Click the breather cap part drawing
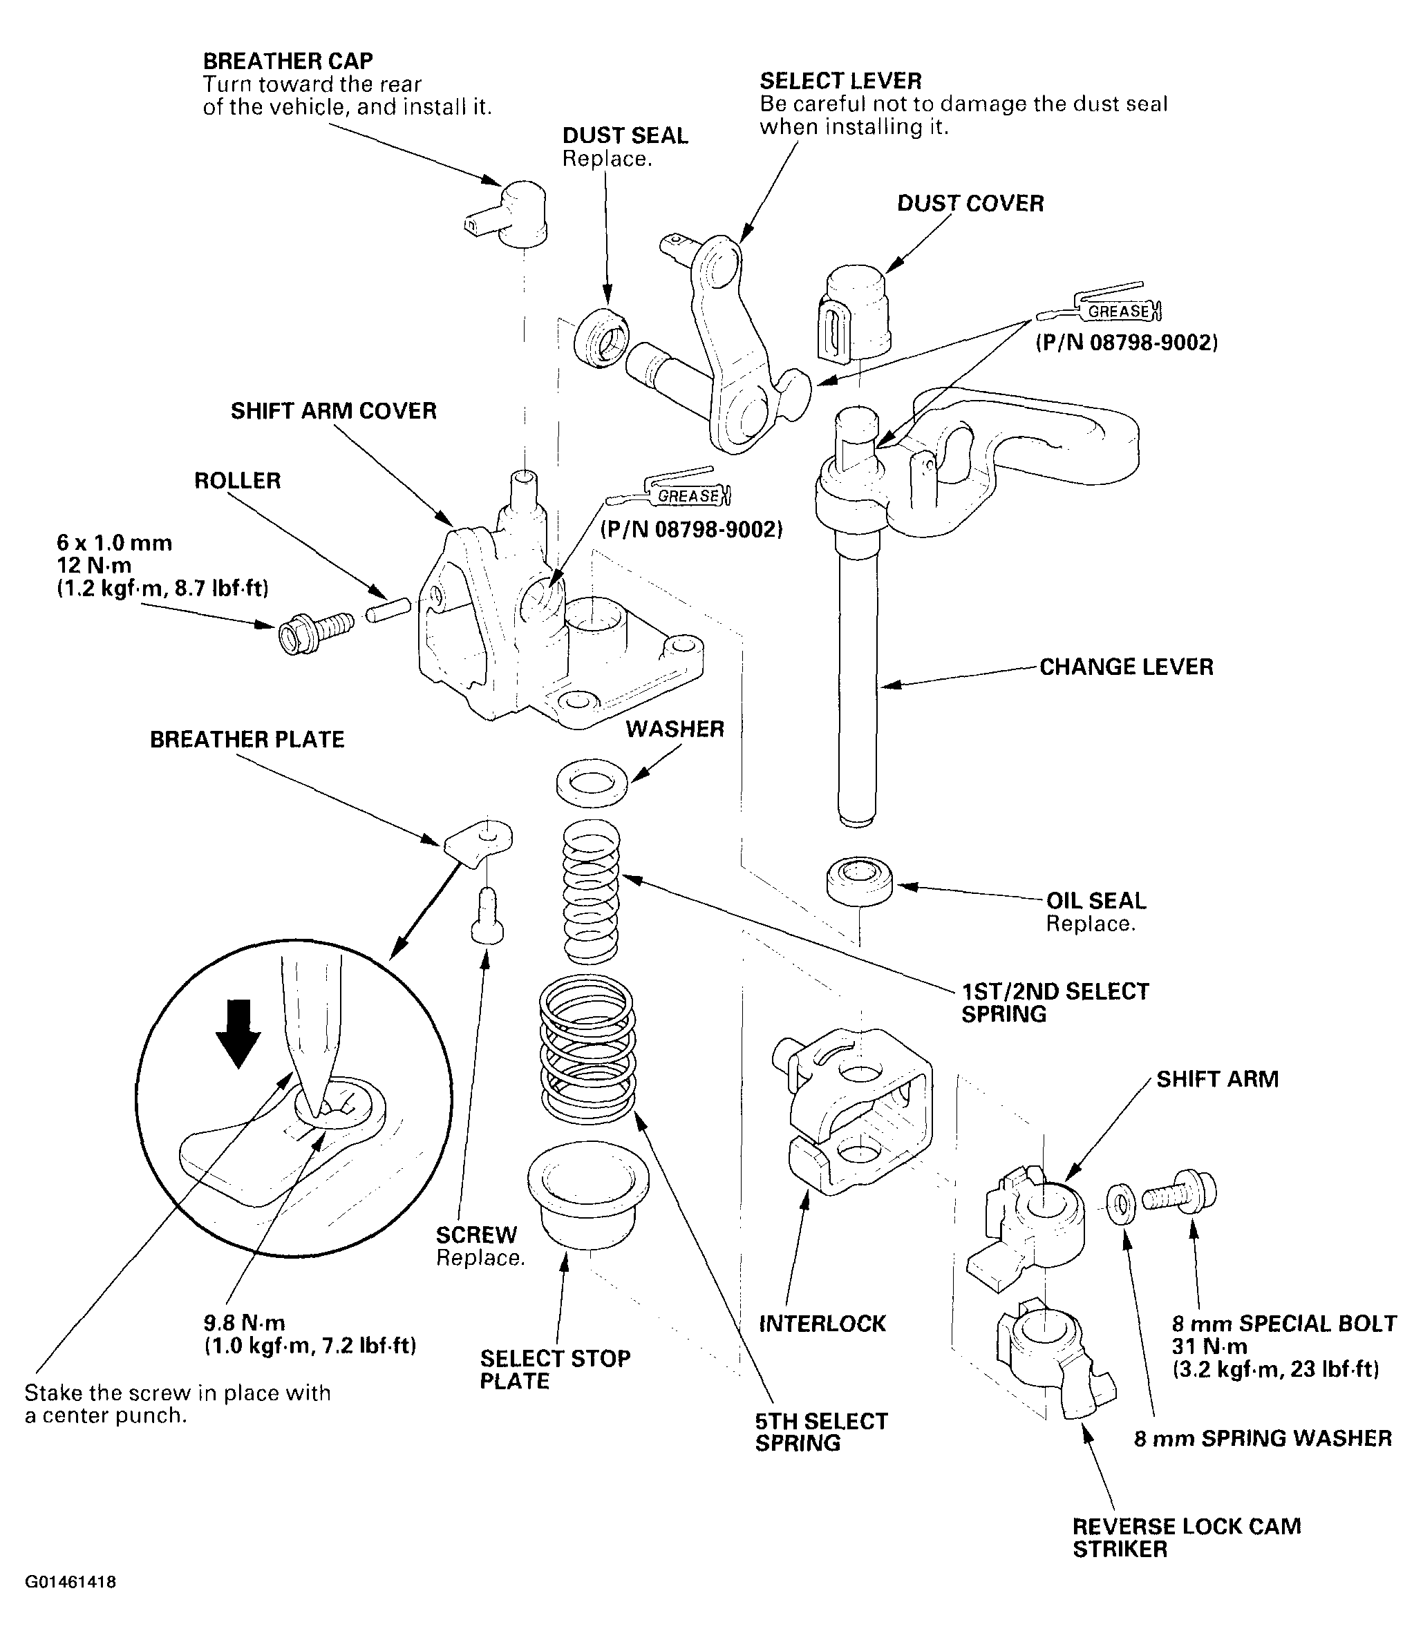(x=508, y=211)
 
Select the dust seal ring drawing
(x=601, y=337)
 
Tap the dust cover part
(x=854, y=314)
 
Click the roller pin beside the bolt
(x=388, y=611)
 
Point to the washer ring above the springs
(x=592, y=781)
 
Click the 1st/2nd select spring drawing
(x=591, y=891)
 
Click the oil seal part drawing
(x=859, y=881)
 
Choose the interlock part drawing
(x=851, y=1111)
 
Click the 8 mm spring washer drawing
(x=1120, y=1205)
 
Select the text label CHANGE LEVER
(x=1126, y=667)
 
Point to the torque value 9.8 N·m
(x=245, y=1324)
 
